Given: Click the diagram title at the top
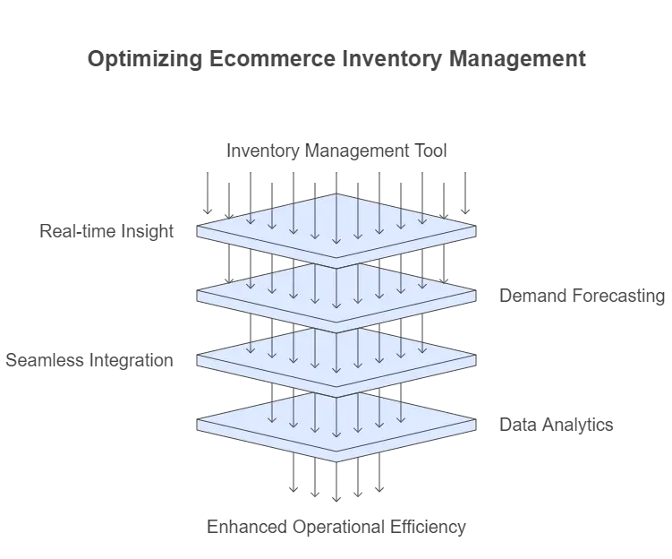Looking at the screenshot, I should (336, 61).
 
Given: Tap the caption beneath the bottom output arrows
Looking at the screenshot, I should (337, 528).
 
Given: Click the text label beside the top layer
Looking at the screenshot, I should (106, 234).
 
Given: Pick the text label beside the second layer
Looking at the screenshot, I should (580, 297).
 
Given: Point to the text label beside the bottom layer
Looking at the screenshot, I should (555, 426).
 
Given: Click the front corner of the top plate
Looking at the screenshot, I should (336, 258).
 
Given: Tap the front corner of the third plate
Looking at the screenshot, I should (336, 387).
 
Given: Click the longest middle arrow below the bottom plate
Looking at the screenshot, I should (336, 484).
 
